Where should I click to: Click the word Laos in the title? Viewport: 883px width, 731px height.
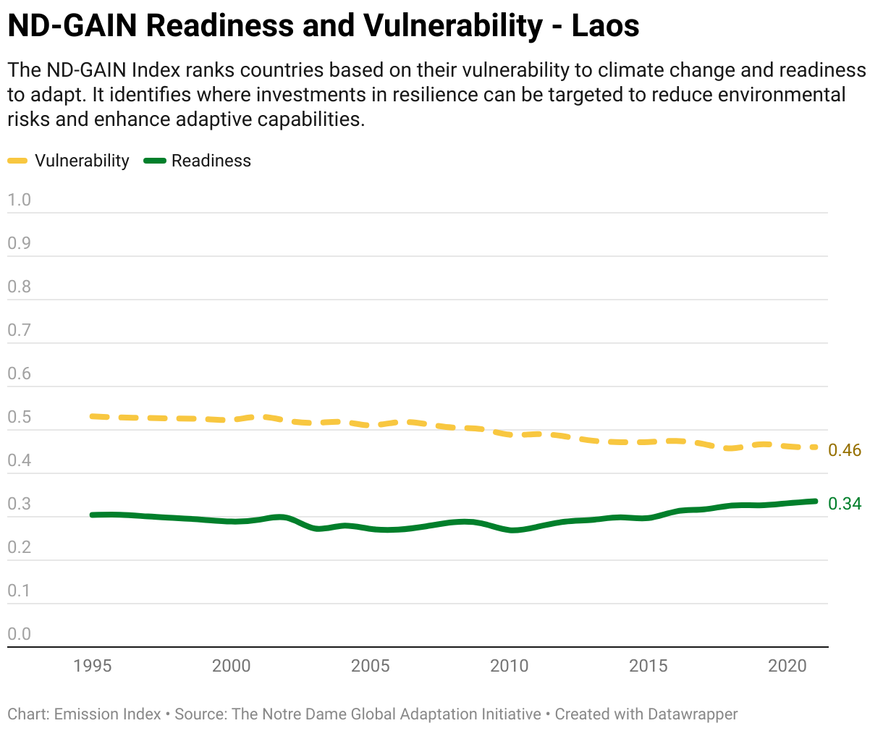[605, 25]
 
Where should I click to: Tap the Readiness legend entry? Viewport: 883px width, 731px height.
[198, 161]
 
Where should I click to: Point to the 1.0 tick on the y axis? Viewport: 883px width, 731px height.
[20, 200]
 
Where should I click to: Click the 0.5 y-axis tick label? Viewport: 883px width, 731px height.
[20, 417]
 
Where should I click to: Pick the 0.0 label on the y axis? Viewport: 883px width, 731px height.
[20, 634]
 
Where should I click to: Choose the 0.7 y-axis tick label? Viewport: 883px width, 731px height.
[20, 330]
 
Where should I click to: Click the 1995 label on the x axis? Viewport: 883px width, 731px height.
[92, 666]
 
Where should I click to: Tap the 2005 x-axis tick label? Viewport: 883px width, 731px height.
[370, 666]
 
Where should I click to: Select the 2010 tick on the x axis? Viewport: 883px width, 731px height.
[509, 666]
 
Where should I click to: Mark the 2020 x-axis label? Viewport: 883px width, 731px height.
[787, 666]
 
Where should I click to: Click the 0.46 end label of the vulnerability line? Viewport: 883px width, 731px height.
[845, 450]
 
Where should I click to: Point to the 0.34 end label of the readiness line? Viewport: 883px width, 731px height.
[845, 504]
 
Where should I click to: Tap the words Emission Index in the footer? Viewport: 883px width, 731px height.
[107, 714]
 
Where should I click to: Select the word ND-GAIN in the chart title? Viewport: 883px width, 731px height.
[72, 25]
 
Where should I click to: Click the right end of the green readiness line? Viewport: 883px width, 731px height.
[816, 502]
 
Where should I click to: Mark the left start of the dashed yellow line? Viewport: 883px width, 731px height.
[92, 417]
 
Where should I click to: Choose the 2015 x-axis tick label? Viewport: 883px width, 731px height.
[648, 666]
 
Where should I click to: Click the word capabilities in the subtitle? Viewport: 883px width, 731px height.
[310, 119]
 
